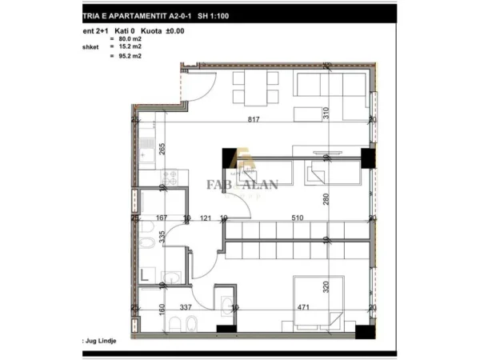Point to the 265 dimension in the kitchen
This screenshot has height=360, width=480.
[x=162, y=148]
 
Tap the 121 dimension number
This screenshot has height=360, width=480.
[x=205, y=218]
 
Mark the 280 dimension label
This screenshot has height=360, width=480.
[x=326, y=200]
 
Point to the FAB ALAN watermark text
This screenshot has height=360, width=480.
[x=244, y=186]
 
